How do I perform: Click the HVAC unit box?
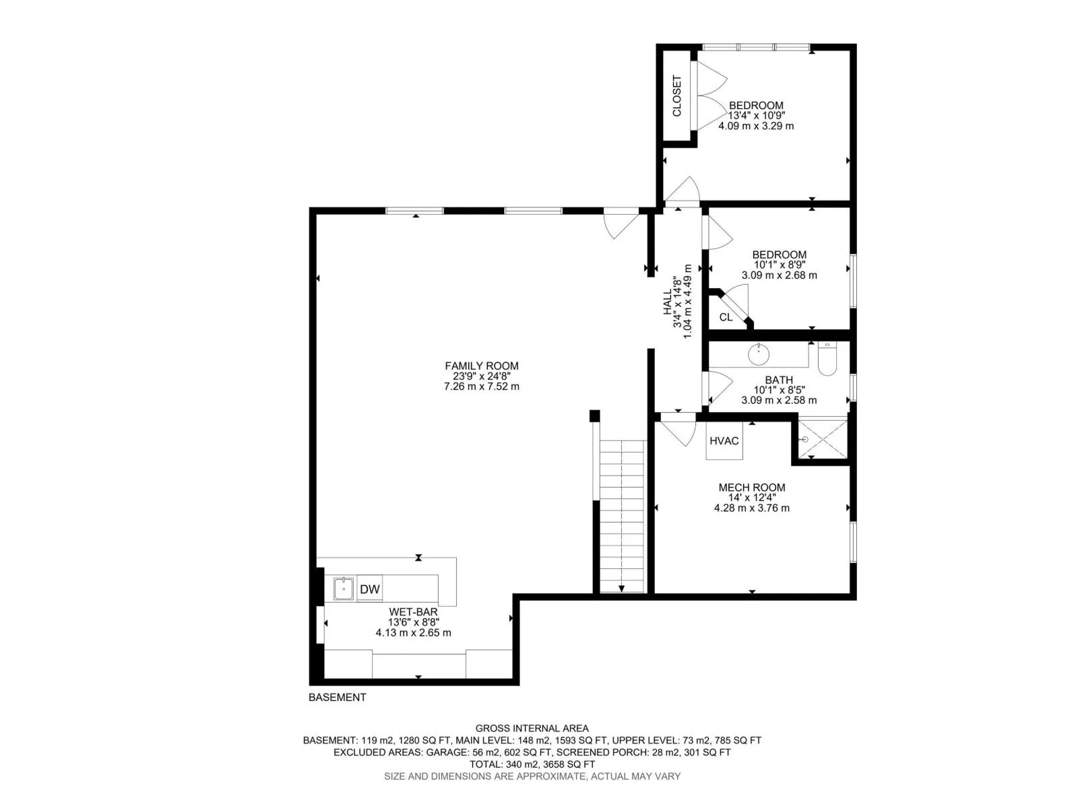tap(724, 440)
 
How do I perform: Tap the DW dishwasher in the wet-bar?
tap(369, 588)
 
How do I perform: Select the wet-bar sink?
tap(344, 588)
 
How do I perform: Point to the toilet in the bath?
tap(827, 359)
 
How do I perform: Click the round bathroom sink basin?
tap(759, 354)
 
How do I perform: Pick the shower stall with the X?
tap(823, 439)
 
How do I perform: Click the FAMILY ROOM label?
tap(481, 366)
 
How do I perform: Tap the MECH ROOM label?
tap(751, 487)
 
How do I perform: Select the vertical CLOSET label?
tap(676, 96)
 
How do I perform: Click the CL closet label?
tap(726, 317)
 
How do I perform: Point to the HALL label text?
tap(668, 302)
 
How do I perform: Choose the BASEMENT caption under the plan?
tap(338, 697)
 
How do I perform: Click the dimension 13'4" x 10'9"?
tap(757, 116)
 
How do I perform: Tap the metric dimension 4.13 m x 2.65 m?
tap(413, 633)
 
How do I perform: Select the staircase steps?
tap(622, 516)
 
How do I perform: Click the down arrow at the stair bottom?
tap(622, 588)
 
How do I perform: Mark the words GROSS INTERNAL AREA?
tap(532, 729)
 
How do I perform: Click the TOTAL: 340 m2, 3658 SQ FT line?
tap(532, 764)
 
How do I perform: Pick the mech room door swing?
tap(678, 430)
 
